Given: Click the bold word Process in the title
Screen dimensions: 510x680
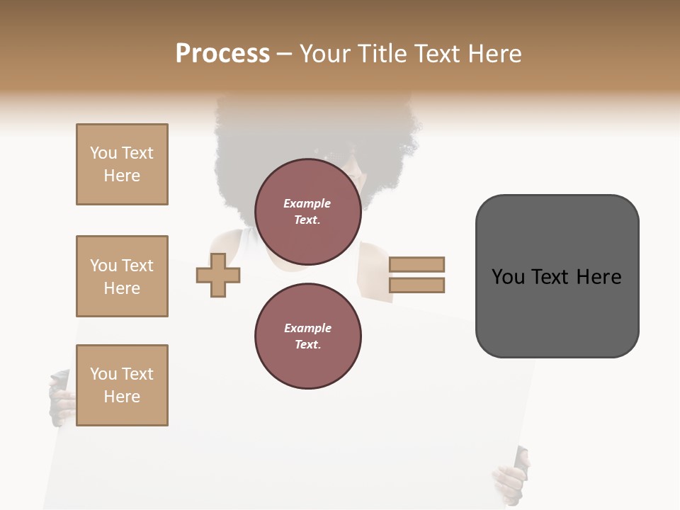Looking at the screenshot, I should click(x=222, y=54).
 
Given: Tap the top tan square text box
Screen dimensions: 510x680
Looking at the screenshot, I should click(x=122, y=164).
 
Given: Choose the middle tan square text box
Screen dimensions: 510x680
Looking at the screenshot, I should click(x=122, y=276).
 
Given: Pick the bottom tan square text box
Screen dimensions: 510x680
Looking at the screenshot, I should click(x=122, y=385).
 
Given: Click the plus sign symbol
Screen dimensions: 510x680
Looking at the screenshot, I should click(x=218, y=275).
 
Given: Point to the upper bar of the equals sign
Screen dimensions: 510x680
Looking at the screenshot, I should click(x=416, y=264).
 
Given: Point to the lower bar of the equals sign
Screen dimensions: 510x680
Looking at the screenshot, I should click(x=416, y=285).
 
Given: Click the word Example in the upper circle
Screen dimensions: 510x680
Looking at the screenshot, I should click(x=307, y=203).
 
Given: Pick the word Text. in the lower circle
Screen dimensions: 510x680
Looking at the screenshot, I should click(x=307, y=345).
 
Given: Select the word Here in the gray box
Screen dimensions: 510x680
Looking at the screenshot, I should click(x=599, y=277).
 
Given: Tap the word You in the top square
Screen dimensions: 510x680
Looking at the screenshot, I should click(x=103, y=153).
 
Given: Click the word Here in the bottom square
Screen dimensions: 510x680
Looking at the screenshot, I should click(x=122, y=397).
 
